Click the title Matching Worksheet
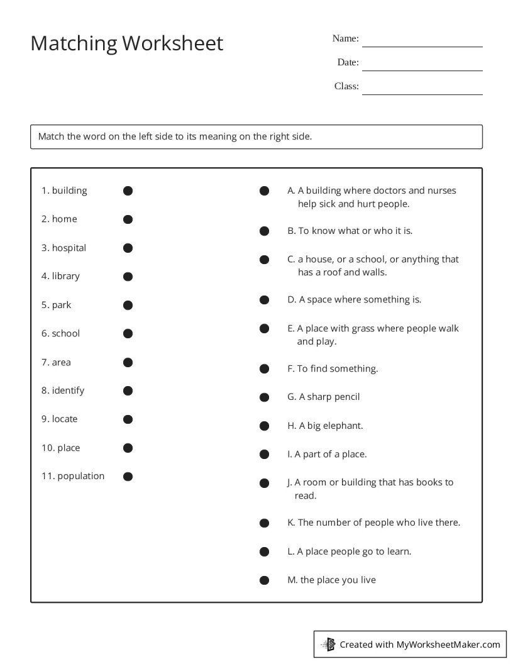click(x=126, y=43)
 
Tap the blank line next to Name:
click(x=422, y=46)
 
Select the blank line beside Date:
click(x=422, y=70)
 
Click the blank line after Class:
click(x=422, y=94)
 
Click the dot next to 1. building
click(x=128, y=191)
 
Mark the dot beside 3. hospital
click(x=128, y=248)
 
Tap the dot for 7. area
click(x=128, y=362)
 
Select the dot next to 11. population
click(x=128, y=477)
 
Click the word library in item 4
click(x=66, y=276)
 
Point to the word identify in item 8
click(x=68, y=390)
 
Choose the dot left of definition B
click(x=265, y=231)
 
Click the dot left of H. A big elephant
click(x=265, y=426)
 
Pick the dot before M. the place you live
click(x=265, y=580)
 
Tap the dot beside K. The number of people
click(x=265, y=523)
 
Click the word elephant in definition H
click(x=343, y=426)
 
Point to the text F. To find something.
click(x=333, y=368)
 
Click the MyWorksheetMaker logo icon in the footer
click(x=329, y=644)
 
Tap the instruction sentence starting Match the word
click(x=175, y=136)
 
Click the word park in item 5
click(x=62, y=305)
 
